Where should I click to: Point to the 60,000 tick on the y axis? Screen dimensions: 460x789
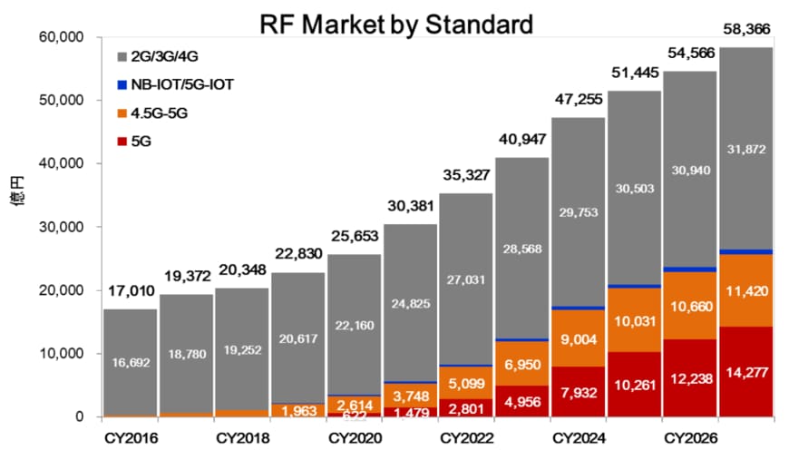62,37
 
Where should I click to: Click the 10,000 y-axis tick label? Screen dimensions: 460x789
62,354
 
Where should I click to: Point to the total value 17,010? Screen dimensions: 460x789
130,292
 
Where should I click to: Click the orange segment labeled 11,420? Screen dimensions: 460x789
746,291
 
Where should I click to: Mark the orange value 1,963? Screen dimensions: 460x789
297,411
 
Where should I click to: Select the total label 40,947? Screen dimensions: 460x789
521,141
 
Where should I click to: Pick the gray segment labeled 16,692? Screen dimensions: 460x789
130,363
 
